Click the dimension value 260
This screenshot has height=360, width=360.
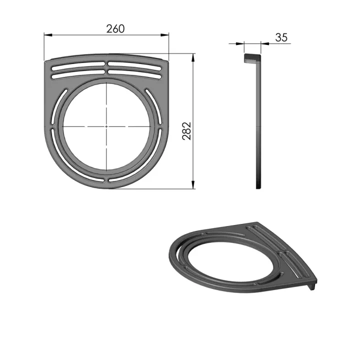pos(115,28)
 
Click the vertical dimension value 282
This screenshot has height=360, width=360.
pos(186,131)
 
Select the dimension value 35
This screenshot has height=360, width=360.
pos(281,37)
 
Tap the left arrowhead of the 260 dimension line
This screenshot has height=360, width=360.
pos(47,34)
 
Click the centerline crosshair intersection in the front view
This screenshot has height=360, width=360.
pos(106,126)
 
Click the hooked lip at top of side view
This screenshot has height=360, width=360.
pos(252,58)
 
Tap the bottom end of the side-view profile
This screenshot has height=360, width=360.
pos(258,186)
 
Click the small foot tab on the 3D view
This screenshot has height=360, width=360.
pos(312,287)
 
